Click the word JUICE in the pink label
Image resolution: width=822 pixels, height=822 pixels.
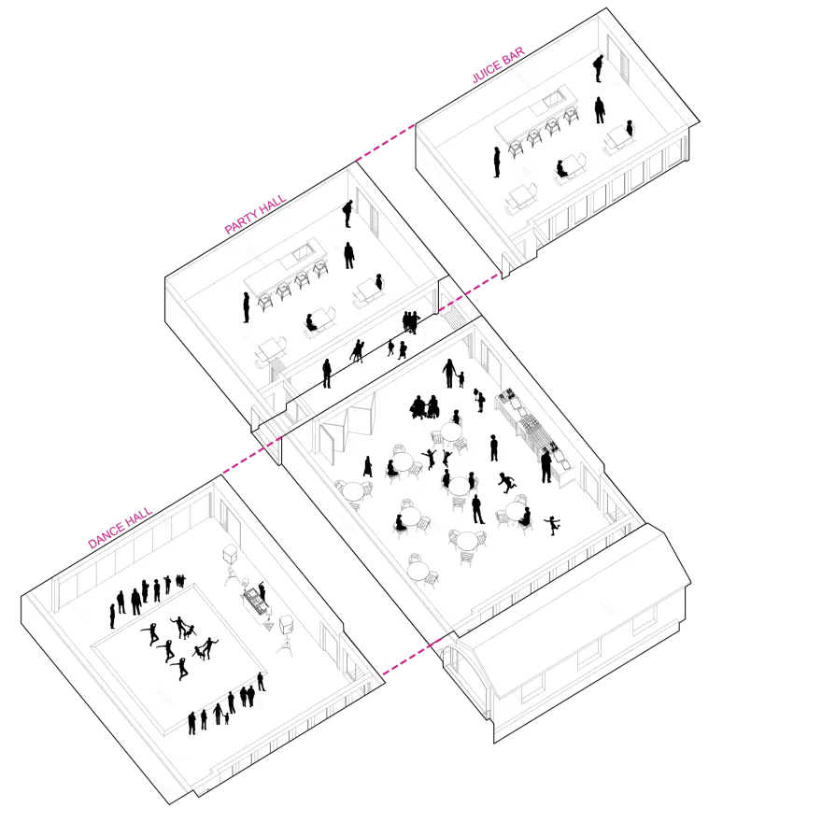tap(487, 72)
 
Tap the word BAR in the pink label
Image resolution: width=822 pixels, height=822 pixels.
tap(513, 55)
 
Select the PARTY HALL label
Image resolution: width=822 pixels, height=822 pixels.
tap(255, 214)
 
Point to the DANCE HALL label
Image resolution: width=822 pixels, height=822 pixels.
tap(120, 528)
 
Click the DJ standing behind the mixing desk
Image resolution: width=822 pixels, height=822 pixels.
tap(262, 592)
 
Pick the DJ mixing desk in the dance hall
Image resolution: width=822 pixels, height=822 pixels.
tap(255, 602)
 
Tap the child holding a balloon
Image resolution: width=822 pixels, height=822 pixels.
tap(479, 400)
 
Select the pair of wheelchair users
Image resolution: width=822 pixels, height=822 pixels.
tap(425, 407)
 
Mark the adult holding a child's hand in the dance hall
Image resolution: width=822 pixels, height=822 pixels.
tap(218, 714)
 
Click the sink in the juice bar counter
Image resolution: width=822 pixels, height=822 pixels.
tap(553, 98)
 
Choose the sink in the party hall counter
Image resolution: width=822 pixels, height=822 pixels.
tap(303, 254)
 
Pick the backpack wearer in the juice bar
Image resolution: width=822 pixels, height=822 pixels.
tap(598, 68)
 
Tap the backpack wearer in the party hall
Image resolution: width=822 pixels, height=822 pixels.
tap(347, 213)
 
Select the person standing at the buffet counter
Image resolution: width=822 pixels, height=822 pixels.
tap(546, 466)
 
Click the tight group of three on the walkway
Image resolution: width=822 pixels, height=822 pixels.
tap(411, 322)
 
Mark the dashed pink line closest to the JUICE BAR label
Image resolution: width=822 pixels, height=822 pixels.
tap(385, 142)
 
